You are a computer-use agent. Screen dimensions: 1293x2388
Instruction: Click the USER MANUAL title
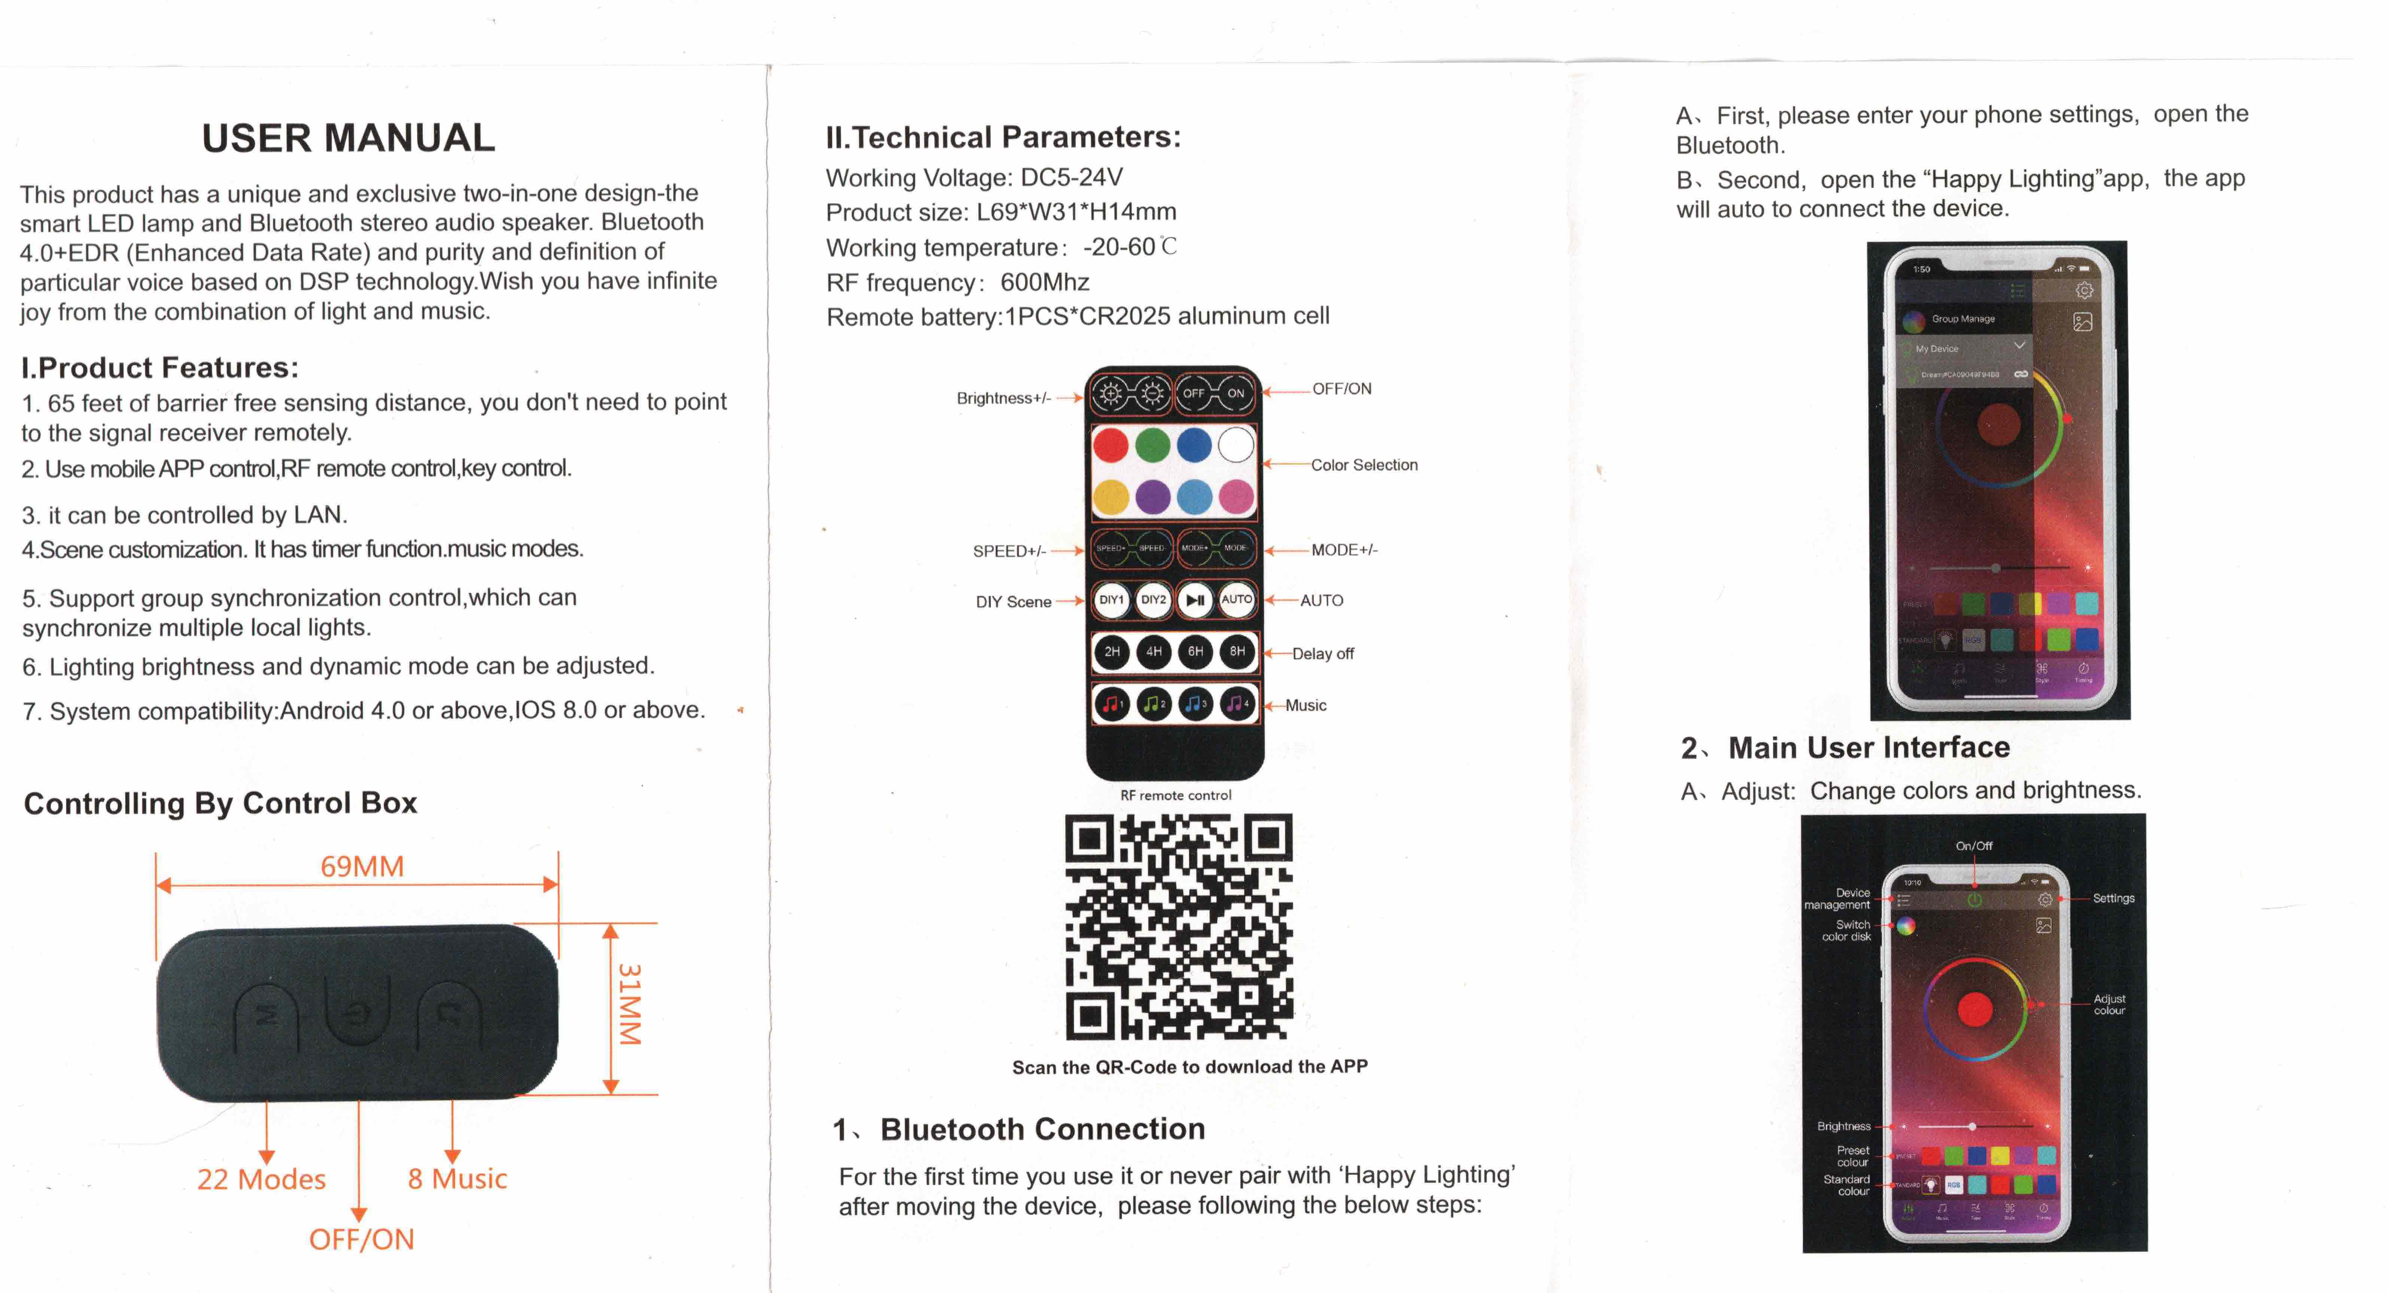coord(348,138)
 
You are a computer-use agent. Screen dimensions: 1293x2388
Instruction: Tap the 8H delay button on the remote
coord(1237,652)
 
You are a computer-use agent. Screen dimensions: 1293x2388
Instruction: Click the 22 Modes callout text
coord(261,1179)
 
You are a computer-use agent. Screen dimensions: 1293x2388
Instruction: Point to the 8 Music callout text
coord(457,1179)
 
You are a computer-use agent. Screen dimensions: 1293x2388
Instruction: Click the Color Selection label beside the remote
coord(1364,465)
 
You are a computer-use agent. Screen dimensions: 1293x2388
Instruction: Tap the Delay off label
coord(1323,654)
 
